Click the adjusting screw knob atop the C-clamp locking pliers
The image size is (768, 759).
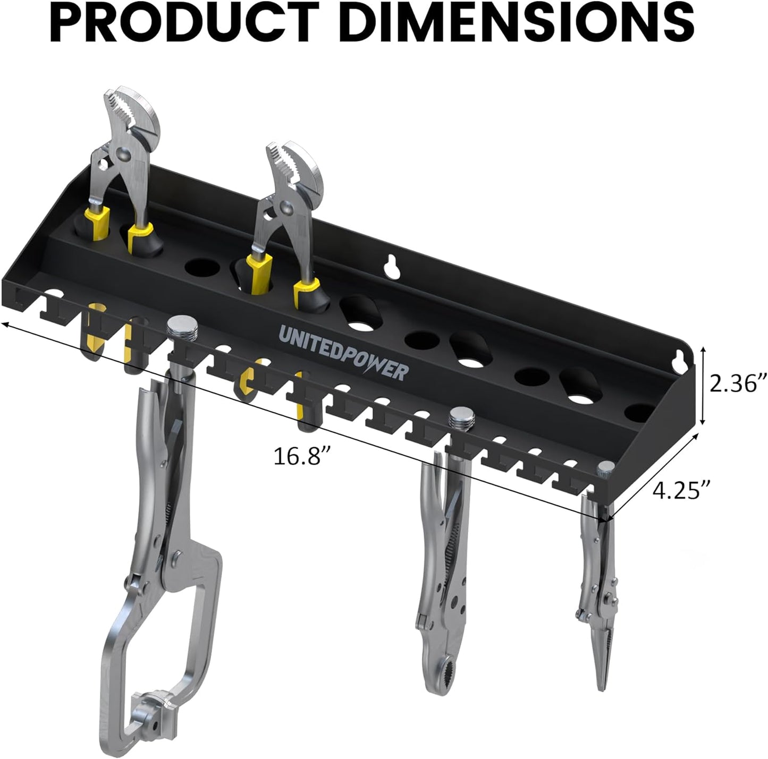point(182,325)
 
